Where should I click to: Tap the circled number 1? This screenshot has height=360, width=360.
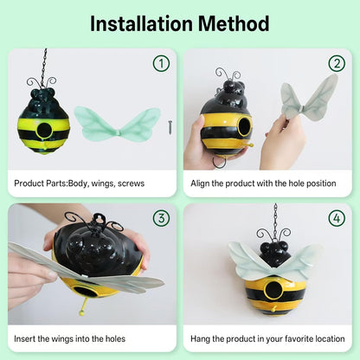(x=161, y=63)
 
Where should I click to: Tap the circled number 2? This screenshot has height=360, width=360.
(x=337, y=63)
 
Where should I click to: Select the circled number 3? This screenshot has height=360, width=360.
(x=161, y=218)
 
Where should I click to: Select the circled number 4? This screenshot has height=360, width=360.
(x=337, y=218)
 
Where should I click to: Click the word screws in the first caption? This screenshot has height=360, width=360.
(x=130, y=183)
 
